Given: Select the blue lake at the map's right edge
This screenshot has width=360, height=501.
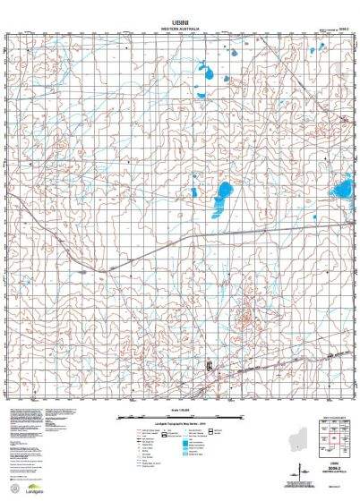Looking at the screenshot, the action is coord(341,189).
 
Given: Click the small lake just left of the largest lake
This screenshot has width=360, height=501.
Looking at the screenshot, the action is coord(195,192).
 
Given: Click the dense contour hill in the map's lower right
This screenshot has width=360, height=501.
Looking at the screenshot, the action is coord(244,313).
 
